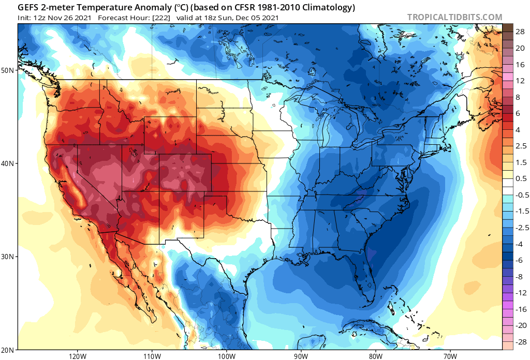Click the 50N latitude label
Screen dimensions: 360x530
pos(8,70)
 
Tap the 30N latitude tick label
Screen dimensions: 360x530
pos(8,257)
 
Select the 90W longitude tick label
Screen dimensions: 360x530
pos(301,356)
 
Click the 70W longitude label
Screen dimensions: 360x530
pos(450,356)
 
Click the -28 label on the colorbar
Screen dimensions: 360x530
pos(520,342)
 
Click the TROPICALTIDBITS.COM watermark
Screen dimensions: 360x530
pos(454,17)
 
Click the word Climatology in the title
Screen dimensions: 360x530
pos(326,7)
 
